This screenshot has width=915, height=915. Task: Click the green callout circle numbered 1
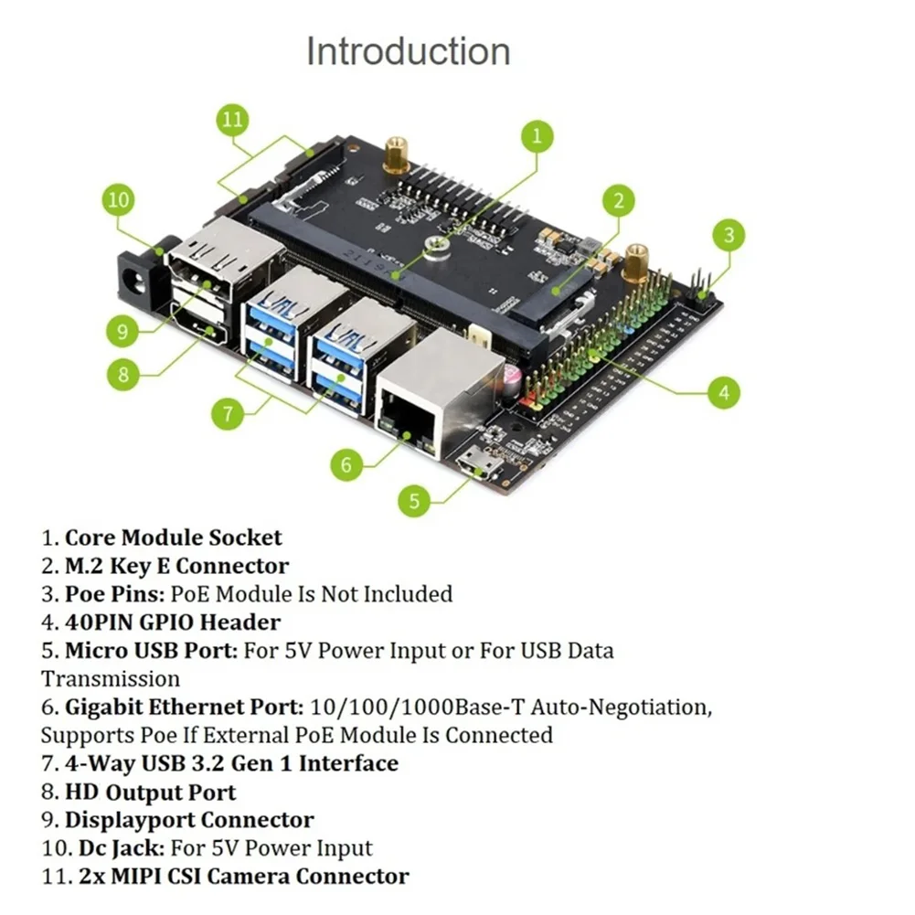point(537,137)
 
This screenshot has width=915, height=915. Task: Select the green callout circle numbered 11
point(233,120)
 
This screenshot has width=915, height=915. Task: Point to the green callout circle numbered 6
point(346,464)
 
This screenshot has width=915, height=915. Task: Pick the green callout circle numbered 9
point(123,332)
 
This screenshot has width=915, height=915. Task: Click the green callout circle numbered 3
point(729,235)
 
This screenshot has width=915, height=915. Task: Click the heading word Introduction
point(408,51)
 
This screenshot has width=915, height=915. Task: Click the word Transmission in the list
point(111,679)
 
